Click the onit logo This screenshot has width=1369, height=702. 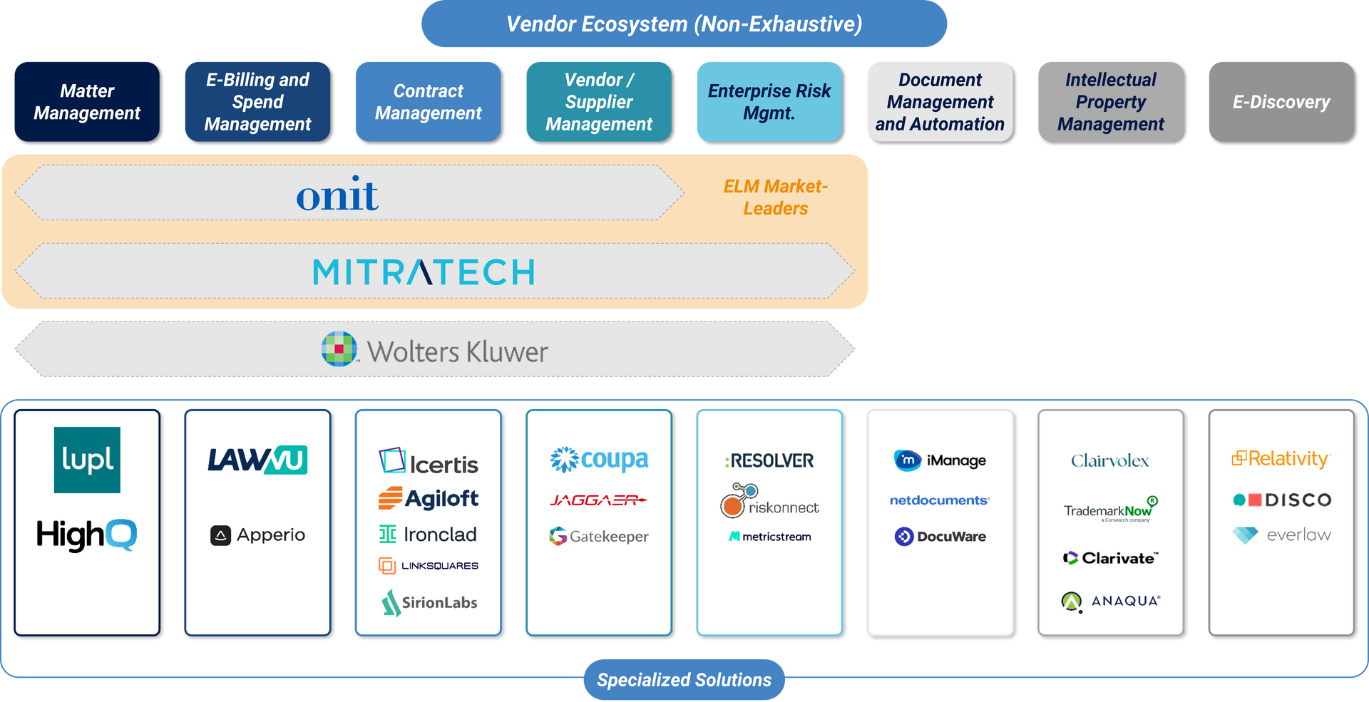[x=337, y=195]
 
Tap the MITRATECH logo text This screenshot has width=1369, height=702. [x=424, y=272]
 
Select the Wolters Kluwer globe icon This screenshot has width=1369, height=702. [x=339, y=349]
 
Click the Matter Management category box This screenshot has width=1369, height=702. [x=86, y=101]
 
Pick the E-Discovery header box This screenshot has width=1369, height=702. [x=1281, y=101]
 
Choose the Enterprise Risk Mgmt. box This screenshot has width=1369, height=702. [x=769, y=101]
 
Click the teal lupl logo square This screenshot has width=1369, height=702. [x=87, y=460]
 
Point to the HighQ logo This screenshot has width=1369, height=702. [x=86, y=535]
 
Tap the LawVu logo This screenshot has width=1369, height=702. [x=257, y=460]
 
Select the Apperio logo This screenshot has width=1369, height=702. [x=257, y=535]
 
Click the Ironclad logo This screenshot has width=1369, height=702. [x=428, y=535]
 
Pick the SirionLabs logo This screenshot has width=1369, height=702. [x=429, y=602]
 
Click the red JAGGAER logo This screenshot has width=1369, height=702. [x=598, y=500]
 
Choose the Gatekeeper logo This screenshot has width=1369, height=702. [x=598, y=536]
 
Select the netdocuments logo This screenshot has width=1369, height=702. [x=939, y=500]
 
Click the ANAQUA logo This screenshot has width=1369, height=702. [x=1110, y=602]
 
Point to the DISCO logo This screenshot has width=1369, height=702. [x=1282, y=500]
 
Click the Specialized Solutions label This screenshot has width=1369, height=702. [x=684, y=680]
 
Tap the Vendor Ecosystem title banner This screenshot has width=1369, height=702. [x=684, y=24]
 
